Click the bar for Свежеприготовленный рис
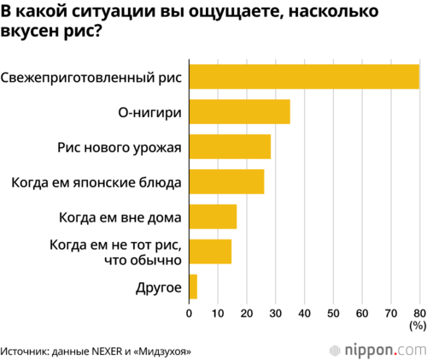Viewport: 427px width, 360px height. pyautogui.click(x=304, y=77)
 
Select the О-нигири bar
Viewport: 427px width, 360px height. pyautogui.click(x=240, y=112)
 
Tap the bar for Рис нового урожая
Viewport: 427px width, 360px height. pyautogui.click(x=230, y=146)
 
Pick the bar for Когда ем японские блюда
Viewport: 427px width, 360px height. pyautogui.click(x=226, y=181)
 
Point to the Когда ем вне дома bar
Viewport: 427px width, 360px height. pyautogui.click(x=213, y=216)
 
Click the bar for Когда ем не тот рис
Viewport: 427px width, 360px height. pyautogui.click(x=210, y=251)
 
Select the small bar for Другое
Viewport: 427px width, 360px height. pyautogui.click(x=193, y=286)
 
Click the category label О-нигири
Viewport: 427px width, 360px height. pyautogui.click(x=149, y=113)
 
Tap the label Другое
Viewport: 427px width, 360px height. pyautogui.click(x=159, y=288)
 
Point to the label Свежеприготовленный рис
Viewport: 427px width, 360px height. pyautogui.click(x=91, y=78)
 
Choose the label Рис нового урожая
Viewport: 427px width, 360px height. pyautogui.click(x=120, y=148)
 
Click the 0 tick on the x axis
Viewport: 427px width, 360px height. pyautogui.click(x=189, y=314)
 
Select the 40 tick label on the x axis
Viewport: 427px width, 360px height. pyautogui.click(x=304, y=314)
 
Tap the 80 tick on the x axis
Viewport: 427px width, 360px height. pyautogui.click(x=419, y=314)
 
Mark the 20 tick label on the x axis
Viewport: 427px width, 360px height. pyautogui.click(x=247, y=314)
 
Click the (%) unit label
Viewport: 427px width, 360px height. pyautogui.click(x=418, y=326)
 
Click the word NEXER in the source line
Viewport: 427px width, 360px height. pyautogui.click(x=107, y=351)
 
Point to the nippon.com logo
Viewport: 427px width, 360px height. pyautogui.click(x=378, y=351)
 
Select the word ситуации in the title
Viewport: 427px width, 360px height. pyautogui.click(x=113, y=12)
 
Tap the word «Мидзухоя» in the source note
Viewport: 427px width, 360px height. pyautogui.click(x=162, y=351)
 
